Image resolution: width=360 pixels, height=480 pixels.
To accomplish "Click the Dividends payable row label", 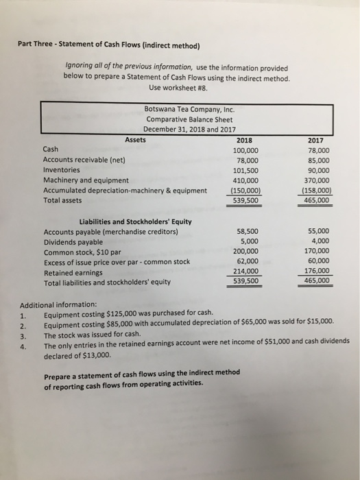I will (x=73, y=242).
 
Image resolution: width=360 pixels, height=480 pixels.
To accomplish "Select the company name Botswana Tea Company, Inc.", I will (x=190, y=108).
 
